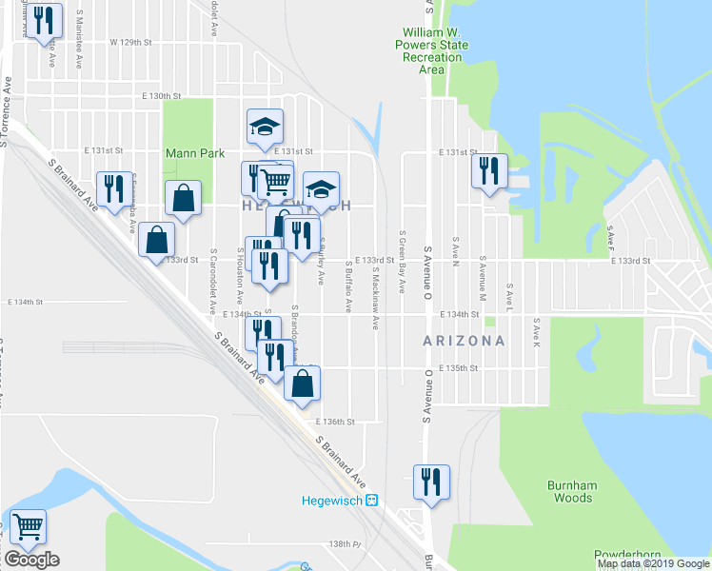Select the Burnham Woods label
(571, 491)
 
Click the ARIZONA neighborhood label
(465, 340)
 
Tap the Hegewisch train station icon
(372, 500)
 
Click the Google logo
(31, 560)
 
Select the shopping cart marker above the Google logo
(28, 525)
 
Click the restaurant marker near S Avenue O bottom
(430, 480)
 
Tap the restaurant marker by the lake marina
(489, 171)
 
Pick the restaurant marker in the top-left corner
(42, 21)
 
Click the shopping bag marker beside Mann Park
(184, 198)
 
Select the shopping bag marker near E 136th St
(302, 384)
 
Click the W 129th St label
(130, 43)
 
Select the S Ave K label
(537, 332)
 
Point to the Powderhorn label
(628, 554)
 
